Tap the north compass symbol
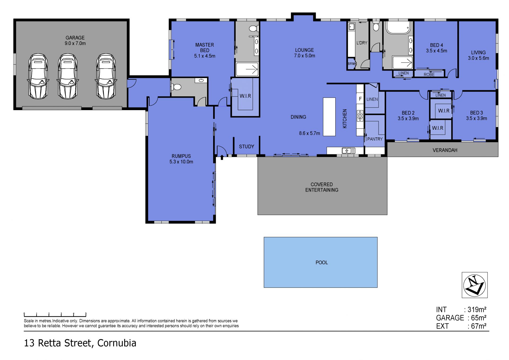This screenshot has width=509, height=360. [475, 285]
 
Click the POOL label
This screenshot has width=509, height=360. [322, 262]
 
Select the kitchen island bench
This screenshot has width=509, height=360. [329, 117]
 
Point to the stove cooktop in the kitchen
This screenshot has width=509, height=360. [360, 115]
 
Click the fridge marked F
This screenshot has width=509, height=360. [360, 99]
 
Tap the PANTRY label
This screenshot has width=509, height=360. [375, 139]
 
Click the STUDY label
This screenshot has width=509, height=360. [246, 146]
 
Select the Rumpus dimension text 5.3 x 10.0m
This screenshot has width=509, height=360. [181, 162]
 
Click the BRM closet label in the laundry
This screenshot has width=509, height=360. [351, 64]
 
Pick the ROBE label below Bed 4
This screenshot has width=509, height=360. [429, 75]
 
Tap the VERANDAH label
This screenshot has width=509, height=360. [445, 150]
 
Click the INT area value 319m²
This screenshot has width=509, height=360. [477, 310]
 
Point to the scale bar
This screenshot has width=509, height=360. [55, 315]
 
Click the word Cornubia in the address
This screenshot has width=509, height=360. [117, 343]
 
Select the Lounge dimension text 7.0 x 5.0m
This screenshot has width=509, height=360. [305, 56]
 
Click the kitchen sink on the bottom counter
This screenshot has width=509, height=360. [348, 151]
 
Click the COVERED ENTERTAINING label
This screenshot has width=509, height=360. [322, 187]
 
